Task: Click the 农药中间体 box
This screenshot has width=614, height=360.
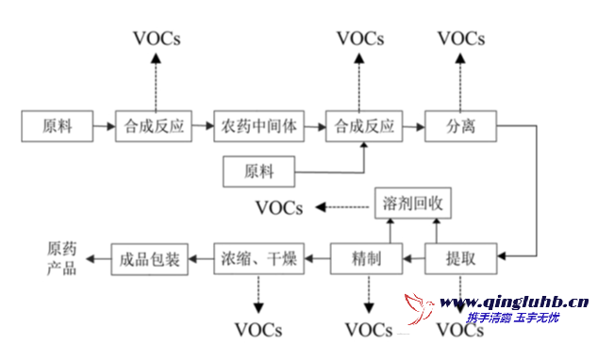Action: click(260, 125)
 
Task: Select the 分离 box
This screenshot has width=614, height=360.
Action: click(461, 125)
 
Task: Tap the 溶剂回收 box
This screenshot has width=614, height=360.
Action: click(413, 204)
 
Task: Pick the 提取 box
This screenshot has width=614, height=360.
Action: click(461, 257)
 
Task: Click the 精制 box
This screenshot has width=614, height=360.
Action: click(366, 257)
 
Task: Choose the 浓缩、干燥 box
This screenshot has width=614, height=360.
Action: click(259, 257)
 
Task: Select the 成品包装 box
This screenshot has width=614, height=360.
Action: click(151, 257)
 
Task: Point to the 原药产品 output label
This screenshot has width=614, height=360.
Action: click(63, 257)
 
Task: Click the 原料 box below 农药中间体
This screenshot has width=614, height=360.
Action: click(258, 172)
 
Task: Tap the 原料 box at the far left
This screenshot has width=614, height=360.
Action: click(58, 125)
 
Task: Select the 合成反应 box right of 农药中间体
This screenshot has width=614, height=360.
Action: click(364, 125)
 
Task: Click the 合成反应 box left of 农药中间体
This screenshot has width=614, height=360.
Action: click(154, 125)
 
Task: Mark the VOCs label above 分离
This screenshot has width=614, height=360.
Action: click(461, 39)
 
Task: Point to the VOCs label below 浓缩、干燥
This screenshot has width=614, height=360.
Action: click(258, 330)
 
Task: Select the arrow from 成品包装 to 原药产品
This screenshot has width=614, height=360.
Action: click(97, 257)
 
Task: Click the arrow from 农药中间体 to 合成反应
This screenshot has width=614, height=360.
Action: click(316, 125)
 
